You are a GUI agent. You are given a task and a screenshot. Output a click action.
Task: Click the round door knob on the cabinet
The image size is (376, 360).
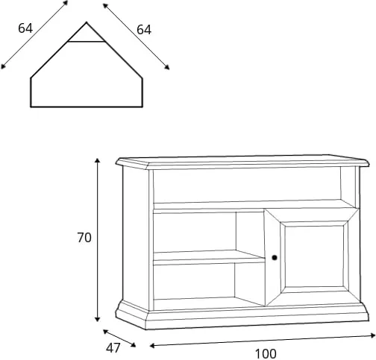tap(275, 258)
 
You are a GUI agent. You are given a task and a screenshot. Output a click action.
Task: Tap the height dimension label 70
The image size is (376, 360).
tap(84, 238)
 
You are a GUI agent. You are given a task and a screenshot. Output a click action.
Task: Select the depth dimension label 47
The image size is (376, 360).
tap(113, 348)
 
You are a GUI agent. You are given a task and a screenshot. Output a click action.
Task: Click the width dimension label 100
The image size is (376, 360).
tap(266, 354)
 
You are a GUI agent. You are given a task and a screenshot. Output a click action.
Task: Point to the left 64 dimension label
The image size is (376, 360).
tap(25, 28)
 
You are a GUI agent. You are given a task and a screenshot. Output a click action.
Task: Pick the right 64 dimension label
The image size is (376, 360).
tap(144, 30)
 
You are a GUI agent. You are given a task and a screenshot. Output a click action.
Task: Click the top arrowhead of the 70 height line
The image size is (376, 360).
tap(98, 160)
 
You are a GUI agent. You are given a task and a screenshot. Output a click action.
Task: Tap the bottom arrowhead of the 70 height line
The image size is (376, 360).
tap(98, 319)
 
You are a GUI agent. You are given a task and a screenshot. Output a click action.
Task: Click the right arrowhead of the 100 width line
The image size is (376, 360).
tap(372, 336)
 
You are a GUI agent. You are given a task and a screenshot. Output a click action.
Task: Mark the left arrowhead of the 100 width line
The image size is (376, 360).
tap(152, 346)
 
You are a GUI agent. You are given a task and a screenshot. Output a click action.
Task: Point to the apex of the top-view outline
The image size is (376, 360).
tap(87, 22)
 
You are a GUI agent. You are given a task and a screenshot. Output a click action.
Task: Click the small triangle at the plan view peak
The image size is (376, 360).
tap(87, 34)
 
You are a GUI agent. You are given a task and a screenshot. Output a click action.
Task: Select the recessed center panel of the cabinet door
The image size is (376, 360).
tap(314, 256)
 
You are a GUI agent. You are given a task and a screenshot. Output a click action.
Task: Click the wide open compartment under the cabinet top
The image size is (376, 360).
tap(247, 185)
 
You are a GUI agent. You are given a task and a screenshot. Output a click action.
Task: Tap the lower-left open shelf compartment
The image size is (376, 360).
tap(195, 282)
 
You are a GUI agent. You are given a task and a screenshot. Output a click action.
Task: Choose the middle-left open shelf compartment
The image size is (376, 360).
tap(195, 233)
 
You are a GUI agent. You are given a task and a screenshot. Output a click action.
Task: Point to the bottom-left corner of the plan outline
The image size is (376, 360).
tap(31, 107)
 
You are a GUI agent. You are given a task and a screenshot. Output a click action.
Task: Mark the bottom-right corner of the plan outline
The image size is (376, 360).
tap(142, 107)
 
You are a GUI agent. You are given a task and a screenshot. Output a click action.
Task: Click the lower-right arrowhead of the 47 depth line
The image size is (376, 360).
tap(134, 345)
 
